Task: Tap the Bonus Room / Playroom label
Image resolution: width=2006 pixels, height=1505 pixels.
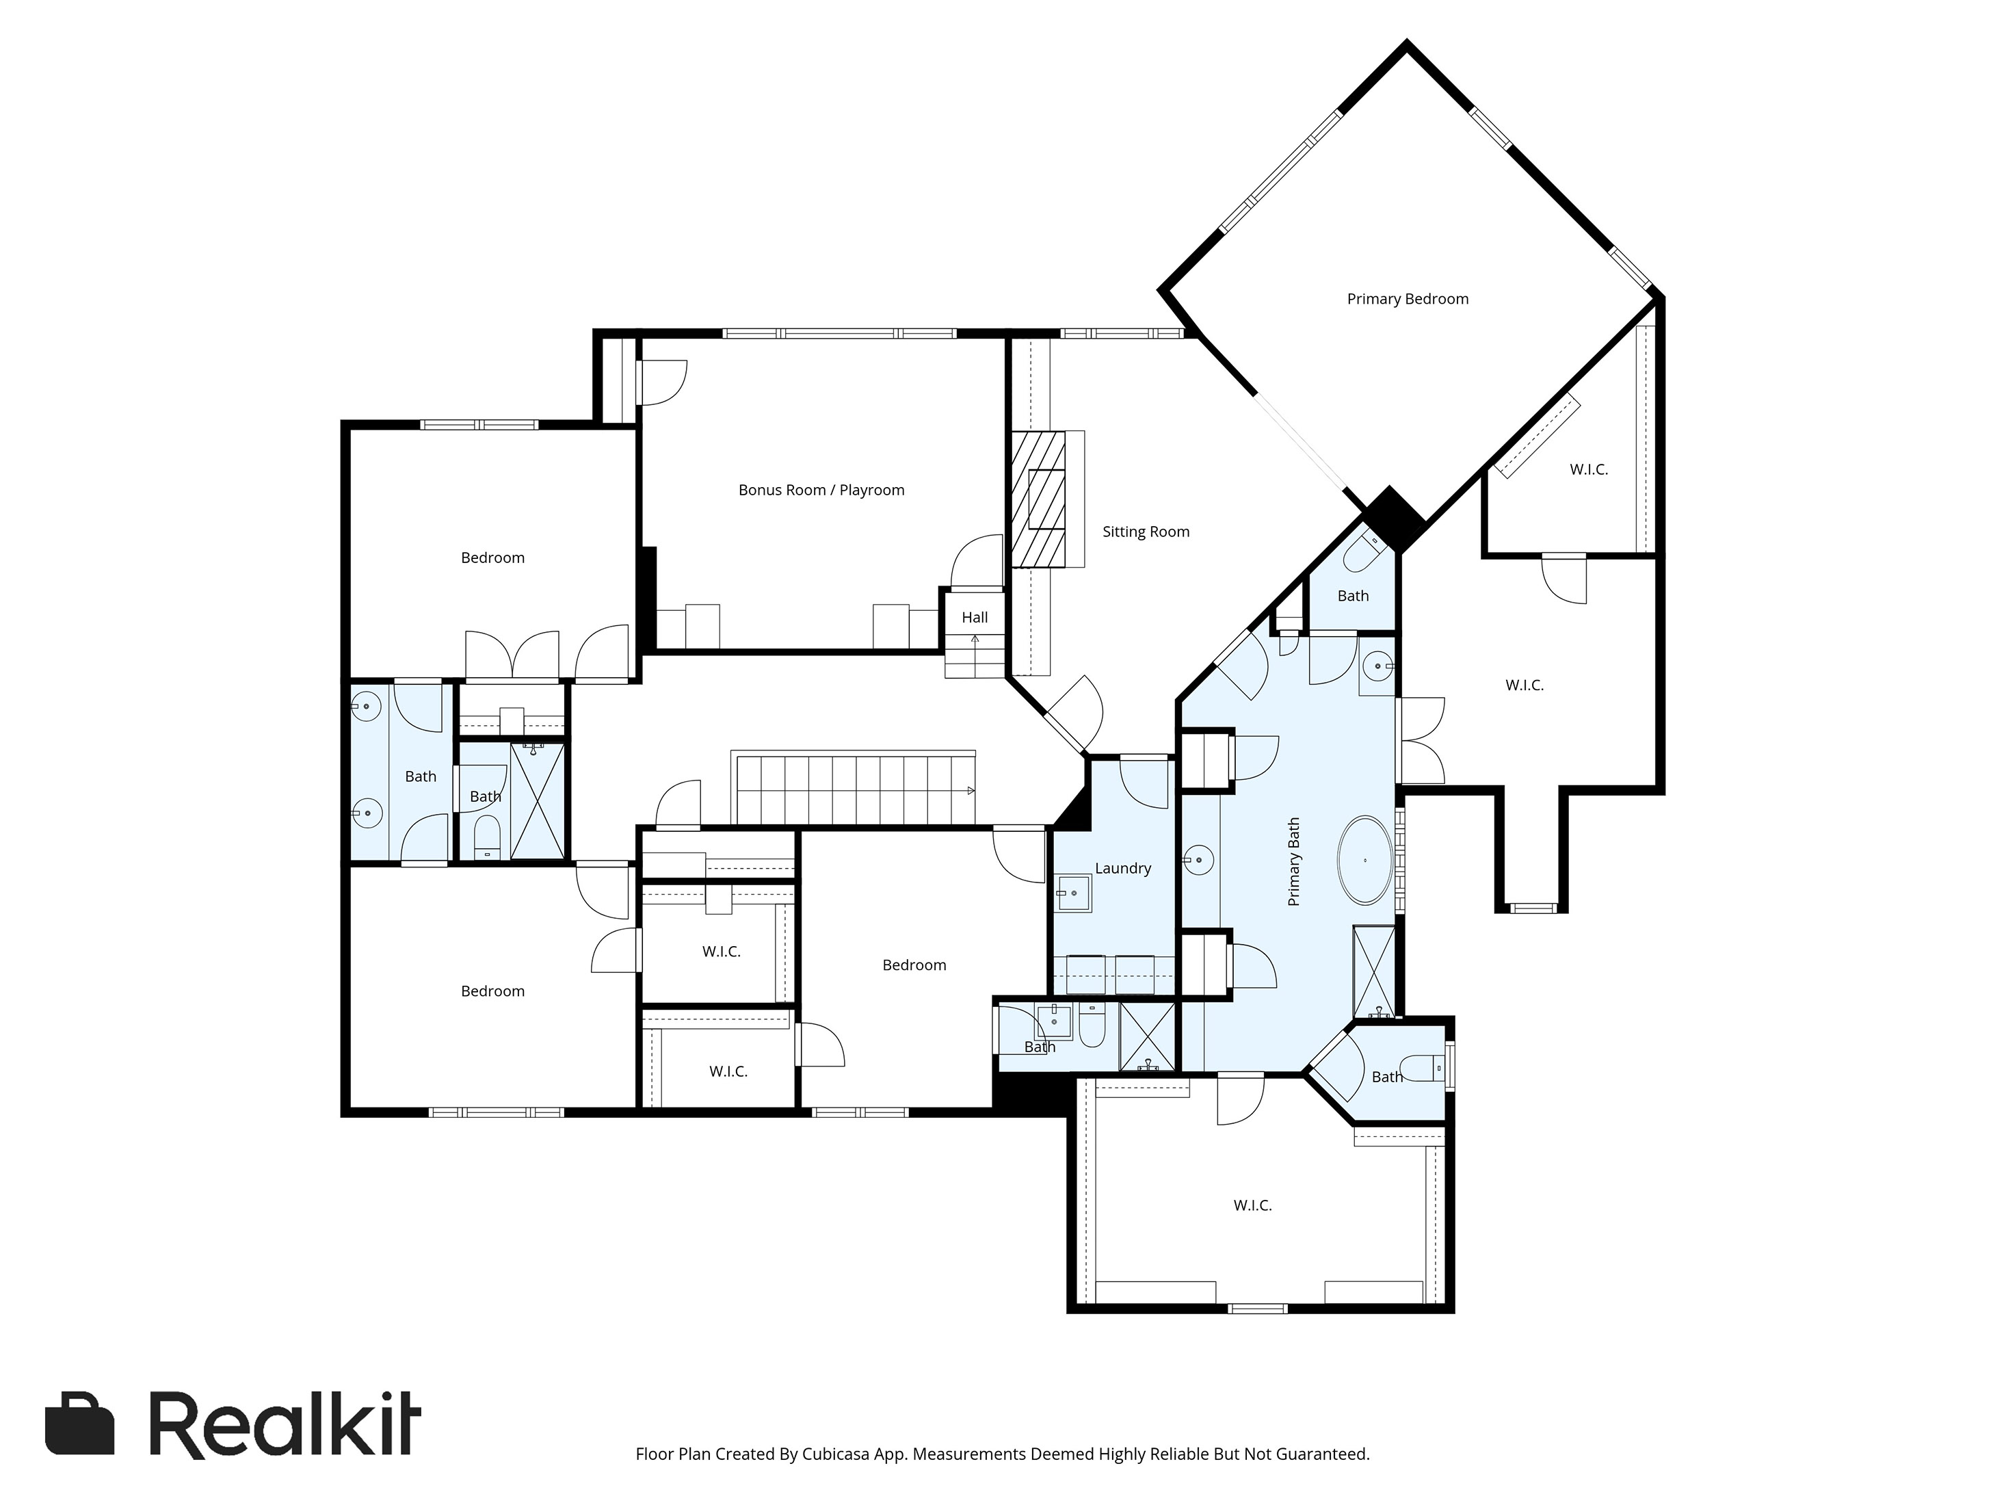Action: pos(821,490)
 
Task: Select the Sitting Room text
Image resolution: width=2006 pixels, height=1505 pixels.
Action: pos(1146,532)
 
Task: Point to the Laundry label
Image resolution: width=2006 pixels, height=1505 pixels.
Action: pos(1123,868)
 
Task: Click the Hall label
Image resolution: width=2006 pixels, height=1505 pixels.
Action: pos(975,618)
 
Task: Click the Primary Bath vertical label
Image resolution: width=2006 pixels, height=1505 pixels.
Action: pos(1294,862)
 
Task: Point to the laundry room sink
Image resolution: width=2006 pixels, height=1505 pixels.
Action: pos(1074,893)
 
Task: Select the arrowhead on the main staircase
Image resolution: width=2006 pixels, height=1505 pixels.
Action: pos(971,791)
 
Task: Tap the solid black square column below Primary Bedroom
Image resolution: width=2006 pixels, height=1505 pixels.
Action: pos(1395,520)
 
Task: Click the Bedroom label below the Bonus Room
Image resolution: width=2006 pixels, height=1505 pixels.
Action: pos(914,965)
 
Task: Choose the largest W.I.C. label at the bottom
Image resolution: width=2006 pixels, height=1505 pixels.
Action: pos(1252,1205)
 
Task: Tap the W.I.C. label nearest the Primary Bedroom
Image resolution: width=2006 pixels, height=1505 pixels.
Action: pos(1589,470)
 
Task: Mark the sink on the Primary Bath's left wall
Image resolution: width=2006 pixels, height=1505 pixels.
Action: pos(1198,860)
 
